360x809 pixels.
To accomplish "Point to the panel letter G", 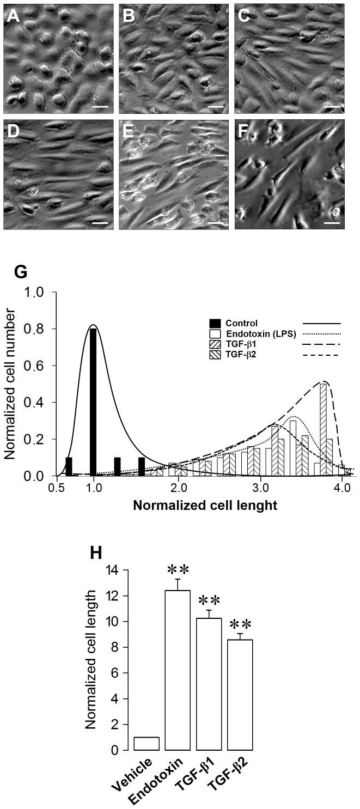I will [x=20, y=272].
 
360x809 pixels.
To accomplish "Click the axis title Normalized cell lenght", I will [x=205, y=505].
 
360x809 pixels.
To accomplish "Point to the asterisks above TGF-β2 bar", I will [x=240, y=624].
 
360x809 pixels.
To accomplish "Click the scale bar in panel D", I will [x=100, y=223].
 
